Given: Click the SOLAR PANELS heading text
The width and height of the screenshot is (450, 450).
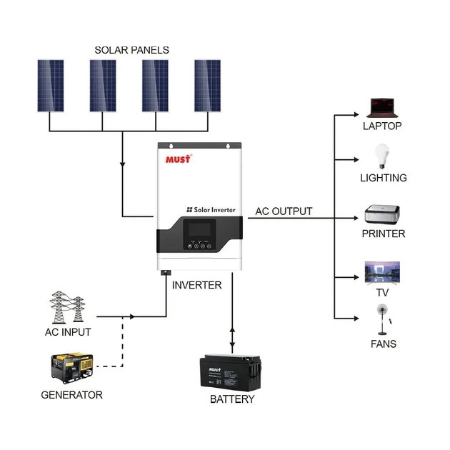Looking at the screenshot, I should pos(131,50).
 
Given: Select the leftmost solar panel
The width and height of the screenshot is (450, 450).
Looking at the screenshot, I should pos(51,86).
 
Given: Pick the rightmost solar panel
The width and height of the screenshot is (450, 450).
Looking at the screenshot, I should pos(209,86).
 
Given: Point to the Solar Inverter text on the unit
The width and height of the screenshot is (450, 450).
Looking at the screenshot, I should pos(215,209).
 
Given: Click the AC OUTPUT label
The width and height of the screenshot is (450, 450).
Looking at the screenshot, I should pos(284,211).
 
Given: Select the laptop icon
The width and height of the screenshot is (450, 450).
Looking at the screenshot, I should pos(381,108).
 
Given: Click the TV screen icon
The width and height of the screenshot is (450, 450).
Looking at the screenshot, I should pos(383,272).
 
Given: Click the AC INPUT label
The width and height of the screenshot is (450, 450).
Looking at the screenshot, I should pos(68,332).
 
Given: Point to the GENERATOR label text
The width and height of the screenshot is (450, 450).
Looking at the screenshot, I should pos(71,395).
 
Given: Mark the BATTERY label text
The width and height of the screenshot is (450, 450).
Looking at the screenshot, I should pos(232,399).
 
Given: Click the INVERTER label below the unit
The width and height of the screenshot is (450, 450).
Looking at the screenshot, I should pos(197,285).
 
